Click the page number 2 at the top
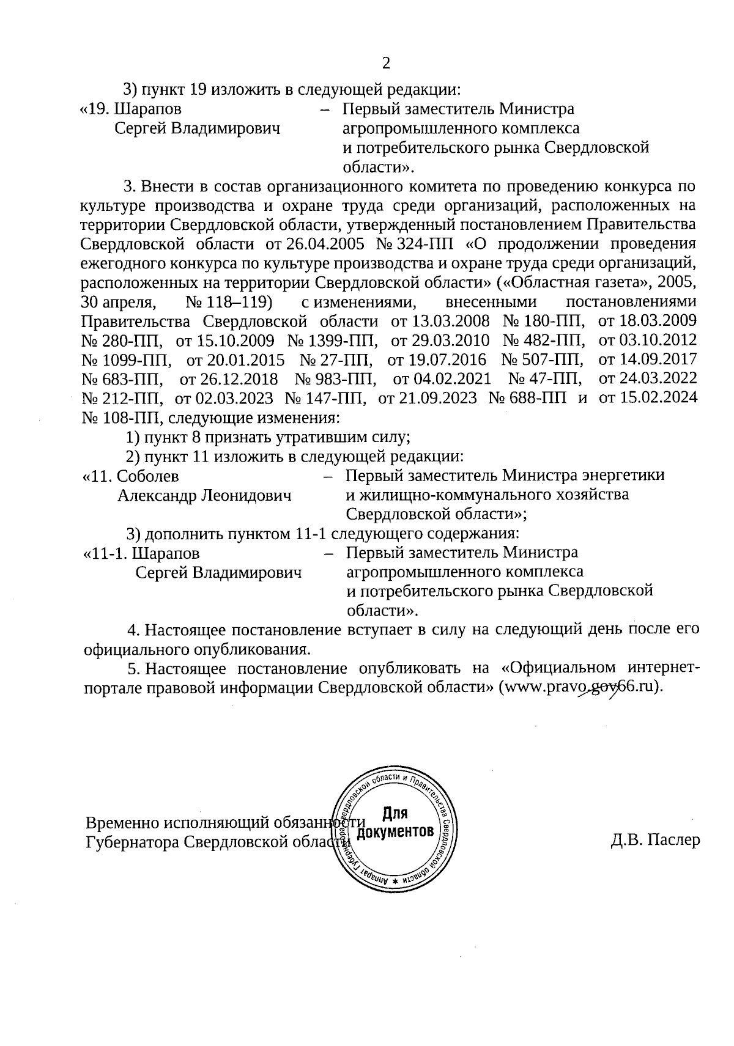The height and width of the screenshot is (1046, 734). (386, 63)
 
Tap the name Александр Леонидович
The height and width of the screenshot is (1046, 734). (204, 495)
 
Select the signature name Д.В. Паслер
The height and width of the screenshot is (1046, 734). (654, 840)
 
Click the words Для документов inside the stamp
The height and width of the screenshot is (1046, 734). (396, 823)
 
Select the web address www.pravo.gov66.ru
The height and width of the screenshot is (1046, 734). (581, 686)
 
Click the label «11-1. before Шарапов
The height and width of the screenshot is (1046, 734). (105, 553)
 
